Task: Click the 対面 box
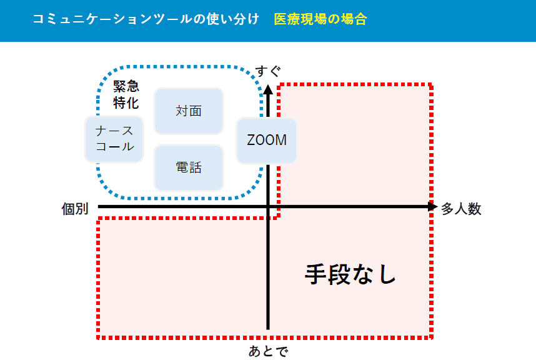pos(189,111)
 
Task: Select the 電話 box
pos(189,167)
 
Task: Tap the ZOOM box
pos(267,140)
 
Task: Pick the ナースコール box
pos(114,139)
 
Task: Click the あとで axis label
pos(268,351)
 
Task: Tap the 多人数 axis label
pos(461,209)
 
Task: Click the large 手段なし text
pos(350,274)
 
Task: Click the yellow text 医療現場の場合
pos(320,19)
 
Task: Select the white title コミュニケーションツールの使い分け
pos(146,19)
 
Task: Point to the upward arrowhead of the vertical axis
pos(268,88)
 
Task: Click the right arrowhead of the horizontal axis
pos(432,207)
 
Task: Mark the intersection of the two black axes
pos(268,207)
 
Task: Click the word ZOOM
pos(267,140)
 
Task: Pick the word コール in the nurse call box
pos(114,147)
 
